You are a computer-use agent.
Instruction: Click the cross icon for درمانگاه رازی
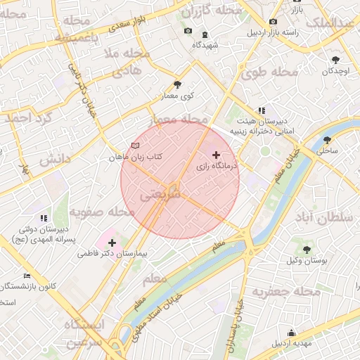click(x=216, y=154)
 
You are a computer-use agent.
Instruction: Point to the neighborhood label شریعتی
click(x=160, y=192)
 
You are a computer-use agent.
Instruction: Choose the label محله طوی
click(x=269, y=72)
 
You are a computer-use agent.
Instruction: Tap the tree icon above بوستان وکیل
click(x=306, y=250)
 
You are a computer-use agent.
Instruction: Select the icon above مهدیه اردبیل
click(x=291, y=333)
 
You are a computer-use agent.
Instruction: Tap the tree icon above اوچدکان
click(x=335, y=60)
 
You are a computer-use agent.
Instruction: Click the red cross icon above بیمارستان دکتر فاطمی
click(x=112, y=242)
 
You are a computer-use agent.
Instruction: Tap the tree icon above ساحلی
click(x=327, y=140)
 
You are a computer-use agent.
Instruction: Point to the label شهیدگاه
click(x=204, y=45)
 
